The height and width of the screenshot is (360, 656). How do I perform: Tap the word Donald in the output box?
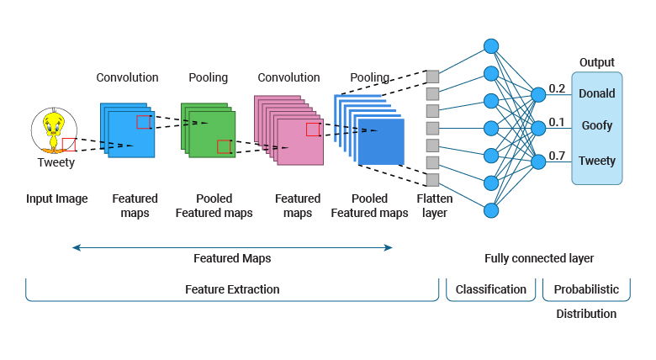(x=596, y=93)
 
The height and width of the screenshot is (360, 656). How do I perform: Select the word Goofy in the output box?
(x=596, y=126)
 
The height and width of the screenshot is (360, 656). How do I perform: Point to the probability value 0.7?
(x=557, y=156)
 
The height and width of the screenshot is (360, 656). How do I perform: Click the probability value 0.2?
(x=557, y=88)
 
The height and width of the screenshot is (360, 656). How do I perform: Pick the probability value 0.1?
(x=557, y=122)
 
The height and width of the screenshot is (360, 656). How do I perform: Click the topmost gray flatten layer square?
(x=432, y=77)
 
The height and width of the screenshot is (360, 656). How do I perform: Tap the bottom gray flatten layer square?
(x=432, y=180)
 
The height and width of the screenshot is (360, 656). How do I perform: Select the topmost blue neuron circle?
(x=491, y=46)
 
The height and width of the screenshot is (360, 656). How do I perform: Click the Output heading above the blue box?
(x=596, y=62)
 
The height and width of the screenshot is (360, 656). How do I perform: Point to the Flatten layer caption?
(x=433, y=206)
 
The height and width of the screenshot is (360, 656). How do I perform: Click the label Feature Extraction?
(x=232, y=289)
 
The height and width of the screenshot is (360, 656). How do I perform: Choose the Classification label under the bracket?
(x=490, y=289)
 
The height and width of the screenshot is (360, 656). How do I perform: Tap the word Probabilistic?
(x=585, y=289)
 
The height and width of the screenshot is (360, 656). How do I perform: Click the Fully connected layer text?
(x=539, y=258)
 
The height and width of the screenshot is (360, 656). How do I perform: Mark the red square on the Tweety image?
(x=69, y=145)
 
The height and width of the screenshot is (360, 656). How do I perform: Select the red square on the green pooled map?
(x=224, y=147)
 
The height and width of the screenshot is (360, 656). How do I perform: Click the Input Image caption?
(x=56, y=199)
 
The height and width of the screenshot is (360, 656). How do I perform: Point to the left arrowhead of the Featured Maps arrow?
(x=75, y=247)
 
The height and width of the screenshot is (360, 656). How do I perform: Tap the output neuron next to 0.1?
(x=538, y=127)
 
